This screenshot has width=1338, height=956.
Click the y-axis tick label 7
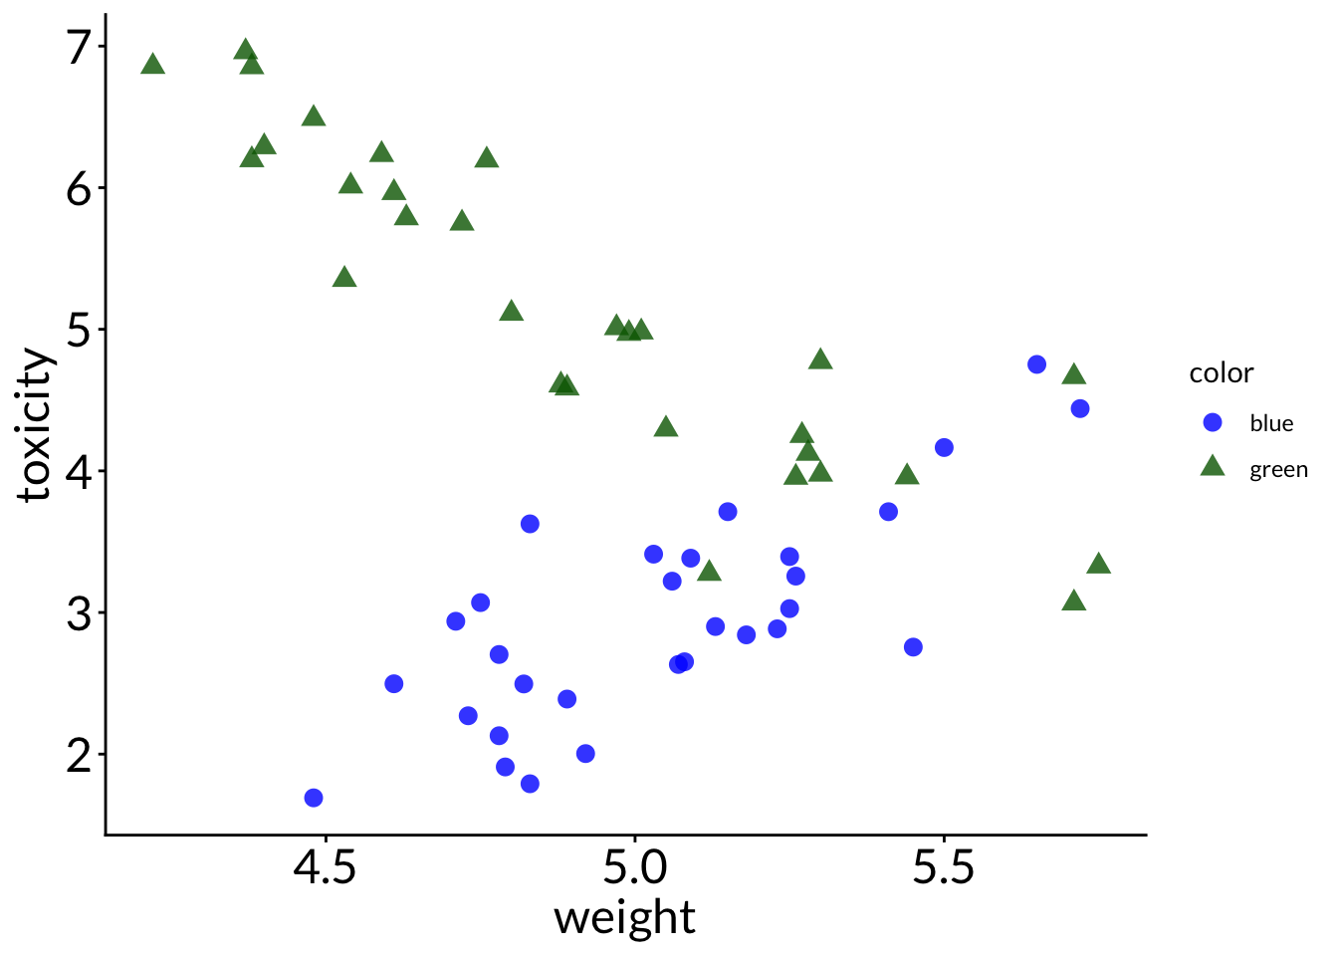pyautogui.click(x=80, y=47)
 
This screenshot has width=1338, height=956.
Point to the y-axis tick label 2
pyautogui.click(x=80, y=755)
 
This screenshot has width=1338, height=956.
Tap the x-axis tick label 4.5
pyautogui.click(x=325, y=868)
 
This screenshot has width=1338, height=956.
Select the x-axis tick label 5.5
pyautogui.click(x=944, y=868)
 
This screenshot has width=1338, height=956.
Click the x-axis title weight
pyautogui.click(x=624, y=918)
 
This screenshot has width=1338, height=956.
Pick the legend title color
pyautogui.click(x=1221, y=373)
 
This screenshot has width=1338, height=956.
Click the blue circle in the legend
pyautogui.click(x=1213, y=422)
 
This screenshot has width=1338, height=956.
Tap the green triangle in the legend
pyautogui.click(x=1213, y=466)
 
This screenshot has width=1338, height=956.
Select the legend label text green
pyautogui.click(x=1278, y=470)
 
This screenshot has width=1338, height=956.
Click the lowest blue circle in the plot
pyautogui.click(x=314, y=798)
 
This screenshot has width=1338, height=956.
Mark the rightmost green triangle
pyautogui.click(x=1098, y=565)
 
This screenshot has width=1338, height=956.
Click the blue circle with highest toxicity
pyautogui.click(x=1036, y=364)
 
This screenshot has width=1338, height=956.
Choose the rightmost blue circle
pyautogui.click(x=1080, y=408)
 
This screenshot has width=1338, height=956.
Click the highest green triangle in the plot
pyautogui.click(x=246, y=51)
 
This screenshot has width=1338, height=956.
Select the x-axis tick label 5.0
pyautogui.click(x=634, y=868)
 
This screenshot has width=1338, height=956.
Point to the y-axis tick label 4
pyautogui.click(x=80, y=471)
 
